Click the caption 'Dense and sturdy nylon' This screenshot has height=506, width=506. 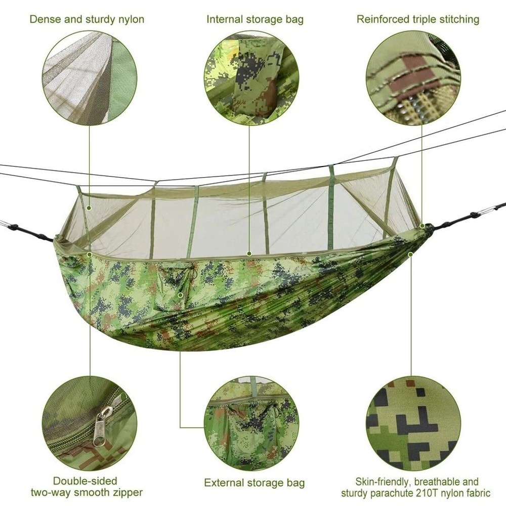point(87,20)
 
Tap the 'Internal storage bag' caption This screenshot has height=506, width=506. point(255,20)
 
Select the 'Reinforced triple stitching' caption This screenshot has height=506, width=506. point(418,20)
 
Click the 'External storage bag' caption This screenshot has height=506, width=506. point(255,483)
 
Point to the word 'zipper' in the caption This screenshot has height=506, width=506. point(125,492)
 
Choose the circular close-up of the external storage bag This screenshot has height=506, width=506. point(251,423)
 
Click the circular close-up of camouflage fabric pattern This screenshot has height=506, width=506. point(413,423)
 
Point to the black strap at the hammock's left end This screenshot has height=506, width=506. point(30,232)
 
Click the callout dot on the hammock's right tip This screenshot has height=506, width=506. point(422,226)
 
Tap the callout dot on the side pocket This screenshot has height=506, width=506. point(180,294)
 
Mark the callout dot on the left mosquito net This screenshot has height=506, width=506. point(90,207)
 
